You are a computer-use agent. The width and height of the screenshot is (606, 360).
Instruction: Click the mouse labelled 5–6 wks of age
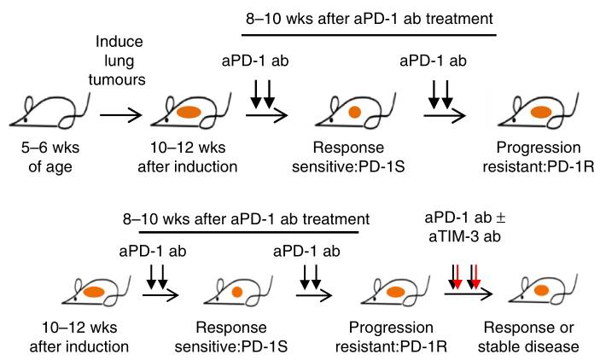coord(49,111)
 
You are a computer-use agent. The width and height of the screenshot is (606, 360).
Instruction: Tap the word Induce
coord(119,41)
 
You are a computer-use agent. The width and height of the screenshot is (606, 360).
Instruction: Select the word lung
coord(119,61)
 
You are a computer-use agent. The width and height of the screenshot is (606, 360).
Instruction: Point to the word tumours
coord(117,79)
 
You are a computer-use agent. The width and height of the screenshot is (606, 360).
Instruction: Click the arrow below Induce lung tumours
coord(121,115)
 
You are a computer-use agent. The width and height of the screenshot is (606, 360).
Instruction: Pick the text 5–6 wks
coord(50,148)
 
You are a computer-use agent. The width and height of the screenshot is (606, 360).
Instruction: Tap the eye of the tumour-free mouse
coord(26,120)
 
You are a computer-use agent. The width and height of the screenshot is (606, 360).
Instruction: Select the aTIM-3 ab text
coord(464,236)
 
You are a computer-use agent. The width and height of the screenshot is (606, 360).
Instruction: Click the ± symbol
coord(500,218)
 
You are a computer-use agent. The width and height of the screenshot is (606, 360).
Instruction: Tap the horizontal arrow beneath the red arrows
coord(469,294)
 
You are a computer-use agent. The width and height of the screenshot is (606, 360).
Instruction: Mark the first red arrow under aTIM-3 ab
coord(457,277)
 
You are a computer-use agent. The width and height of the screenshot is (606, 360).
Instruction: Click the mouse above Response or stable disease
coord(544,289)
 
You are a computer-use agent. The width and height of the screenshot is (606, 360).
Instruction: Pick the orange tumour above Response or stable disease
coord(541,290)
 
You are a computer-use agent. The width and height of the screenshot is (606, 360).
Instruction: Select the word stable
coord(499,346)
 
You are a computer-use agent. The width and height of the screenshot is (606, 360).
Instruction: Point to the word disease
coord(551,346)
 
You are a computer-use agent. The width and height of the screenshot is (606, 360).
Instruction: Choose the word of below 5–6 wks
coord(35,166)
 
